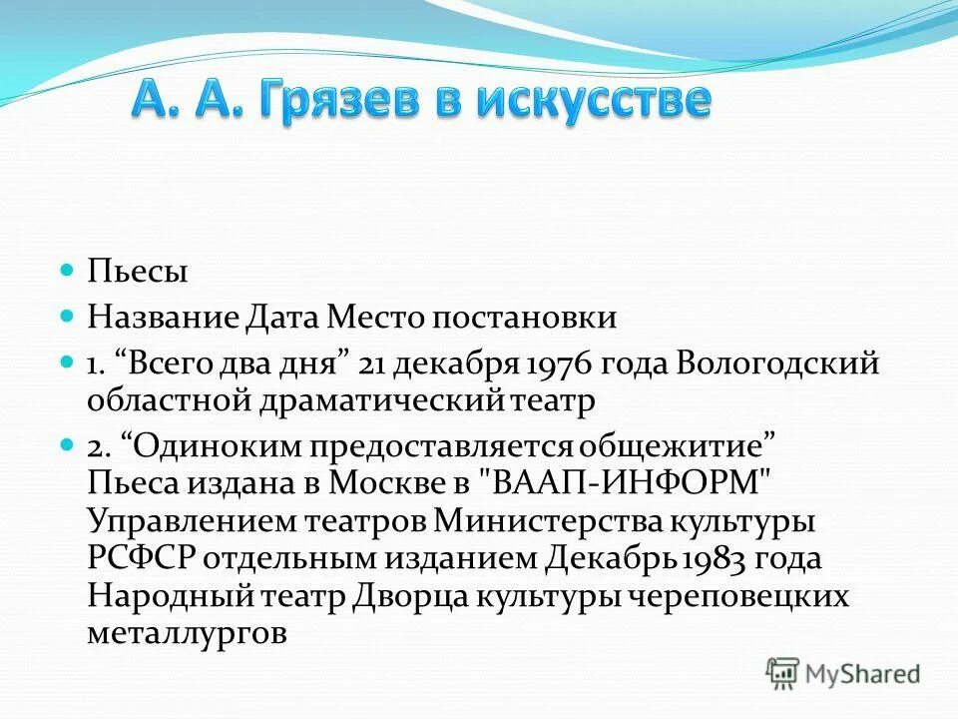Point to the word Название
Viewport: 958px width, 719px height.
pos(161,318)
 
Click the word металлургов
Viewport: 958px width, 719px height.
pos(187,633)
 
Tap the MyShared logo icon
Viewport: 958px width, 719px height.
pos(783,673)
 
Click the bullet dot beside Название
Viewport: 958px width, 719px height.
pos(68,317)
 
